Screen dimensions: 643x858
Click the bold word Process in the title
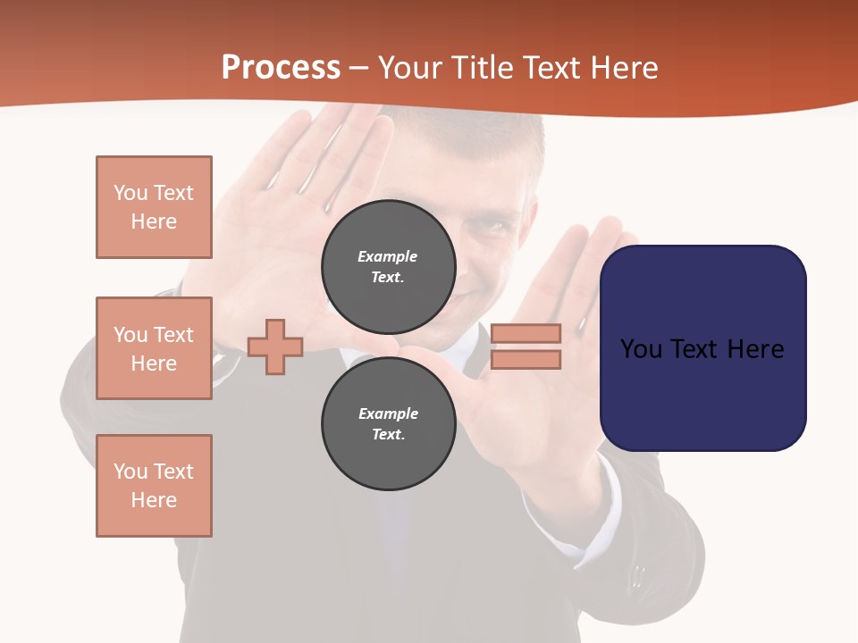click(281, 68)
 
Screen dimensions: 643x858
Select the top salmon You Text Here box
click(154, 207)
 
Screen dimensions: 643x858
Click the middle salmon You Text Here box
click(154, 348)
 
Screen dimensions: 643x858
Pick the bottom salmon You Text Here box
click(154, 486)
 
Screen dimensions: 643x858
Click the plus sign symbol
click(275, 347)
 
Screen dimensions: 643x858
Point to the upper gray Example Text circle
click(389, 267)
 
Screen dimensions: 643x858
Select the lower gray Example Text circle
click(389, 424)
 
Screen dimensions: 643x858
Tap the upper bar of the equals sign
click(526, 333)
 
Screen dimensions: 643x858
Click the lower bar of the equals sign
click(526, 360)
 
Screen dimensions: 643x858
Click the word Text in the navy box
click(702, 349)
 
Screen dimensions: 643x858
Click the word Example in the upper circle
click(388, 256)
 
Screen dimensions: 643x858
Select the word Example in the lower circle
click(388, 413)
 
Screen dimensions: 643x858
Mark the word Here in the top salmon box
click(154, 221)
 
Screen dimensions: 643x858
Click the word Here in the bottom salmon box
click(154, 500)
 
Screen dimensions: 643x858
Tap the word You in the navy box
click(641, 349)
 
